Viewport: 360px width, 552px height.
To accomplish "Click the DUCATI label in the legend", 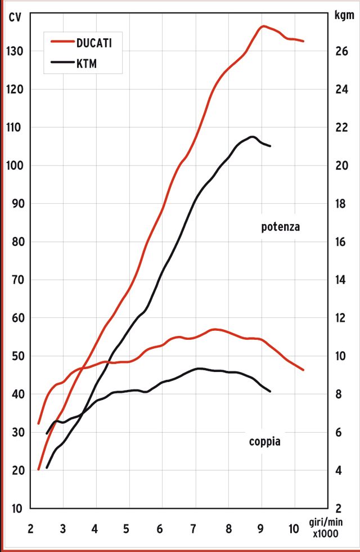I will click(x=98, y=42).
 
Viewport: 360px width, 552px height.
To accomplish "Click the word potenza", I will click(x=281, y=227).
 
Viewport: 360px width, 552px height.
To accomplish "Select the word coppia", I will click(x=264, y=442).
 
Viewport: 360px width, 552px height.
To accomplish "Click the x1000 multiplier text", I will click(x=326, y=535).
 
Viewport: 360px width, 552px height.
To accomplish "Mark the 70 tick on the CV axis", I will click(x=17, y=280).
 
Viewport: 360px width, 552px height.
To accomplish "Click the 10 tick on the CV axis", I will click(x=17, y=509).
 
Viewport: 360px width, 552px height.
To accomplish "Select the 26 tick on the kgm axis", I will click(x=342, y=52).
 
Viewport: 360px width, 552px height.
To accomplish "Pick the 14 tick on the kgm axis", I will click(x=342, y=280).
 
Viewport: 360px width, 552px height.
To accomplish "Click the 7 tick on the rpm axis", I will click(x=193, y=529).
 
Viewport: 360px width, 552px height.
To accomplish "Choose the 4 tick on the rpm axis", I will click(x=94, y=529).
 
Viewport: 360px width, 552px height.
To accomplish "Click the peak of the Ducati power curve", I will click(x=263, y=26).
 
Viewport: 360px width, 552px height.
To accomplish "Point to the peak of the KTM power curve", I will click(x=253, y=136).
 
